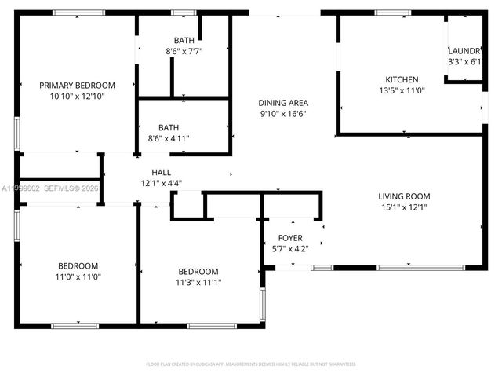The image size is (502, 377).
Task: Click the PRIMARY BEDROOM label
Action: (77, 85)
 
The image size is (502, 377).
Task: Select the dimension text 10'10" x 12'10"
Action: (77, 96)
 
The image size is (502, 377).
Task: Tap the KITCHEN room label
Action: (401, 79)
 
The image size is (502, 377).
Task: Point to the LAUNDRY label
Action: (464, 50)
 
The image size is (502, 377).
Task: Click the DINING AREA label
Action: (283, 103)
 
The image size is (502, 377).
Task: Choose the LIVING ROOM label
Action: (404, 196)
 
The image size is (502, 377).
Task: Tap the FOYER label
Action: (290, 238)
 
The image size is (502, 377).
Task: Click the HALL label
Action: (161, 172)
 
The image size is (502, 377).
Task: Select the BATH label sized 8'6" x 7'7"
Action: (184, 40)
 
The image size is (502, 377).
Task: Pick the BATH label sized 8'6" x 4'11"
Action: (168, 127)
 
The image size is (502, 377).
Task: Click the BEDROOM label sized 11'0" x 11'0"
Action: (77, 265)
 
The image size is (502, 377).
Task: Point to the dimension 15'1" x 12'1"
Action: (404, 207)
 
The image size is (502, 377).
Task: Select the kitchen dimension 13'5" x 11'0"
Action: (401, 90)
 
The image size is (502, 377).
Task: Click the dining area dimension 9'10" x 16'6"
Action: (283, 114)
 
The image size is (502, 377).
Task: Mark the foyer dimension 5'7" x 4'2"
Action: (290, 249)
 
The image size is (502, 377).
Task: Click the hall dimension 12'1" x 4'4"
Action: (161, 183)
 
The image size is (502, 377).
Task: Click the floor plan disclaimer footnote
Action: (251, 364)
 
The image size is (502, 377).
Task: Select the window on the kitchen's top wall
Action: (387, 13)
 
